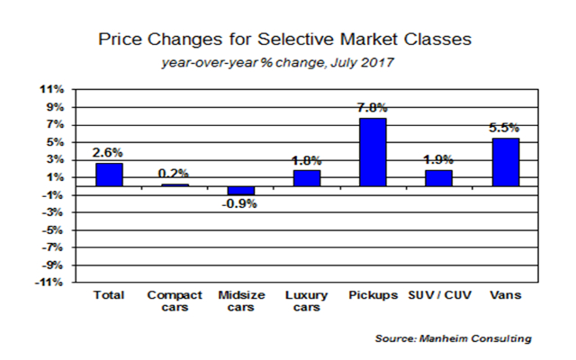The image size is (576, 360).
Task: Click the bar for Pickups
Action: pyautogui.click(x=373, y=152)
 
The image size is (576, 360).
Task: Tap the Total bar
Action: pyautogui.click(x=110, y=175)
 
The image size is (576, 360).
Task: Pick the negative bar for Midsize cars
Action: pyautogui.click(x=240, y=191)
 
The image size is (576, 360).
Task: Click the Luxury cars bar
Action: pyautogui.click(x=307, y=178)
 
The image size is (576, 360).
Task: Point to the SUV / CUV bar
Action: pyautogui.click(x=439, y=177)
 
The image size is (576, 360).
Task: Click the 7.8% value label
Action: pyautogui.click(x=373, y=109)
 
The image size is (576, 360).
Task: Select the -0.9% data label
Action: pyautogui.click(x=241, y=203)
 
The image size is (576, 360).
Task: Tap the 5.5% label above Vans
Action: pyautogui.click(x=505, y=129)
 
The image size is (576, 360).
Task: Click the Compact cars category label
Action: pyautogui.click(x=175, y=301)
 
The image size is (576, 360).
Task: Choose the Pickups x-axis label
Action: pyautogui.click(x=373, y=295)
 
